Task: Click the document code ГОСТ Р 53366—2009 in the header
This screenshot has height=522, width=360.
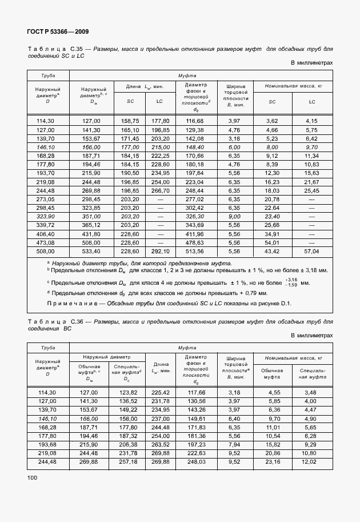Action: point(58,31)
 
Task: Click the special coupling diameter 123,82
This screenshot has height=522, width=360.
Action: point(128,392)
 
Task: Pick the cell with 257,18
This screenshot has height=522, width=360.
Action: point(128,461)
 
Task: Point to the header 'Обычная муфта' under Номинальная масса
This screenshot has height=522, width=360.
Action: point(272,374)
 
